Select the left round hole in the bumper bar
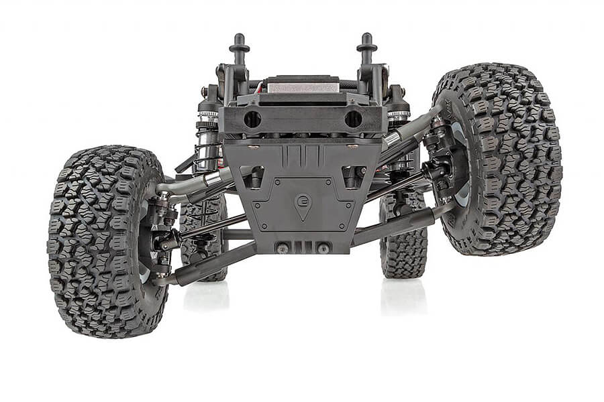(252, 119)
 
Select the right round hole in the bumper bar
(353, 119)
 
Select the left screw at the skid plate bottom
(283, 249)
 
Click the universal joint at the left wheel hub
(164, 241)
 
